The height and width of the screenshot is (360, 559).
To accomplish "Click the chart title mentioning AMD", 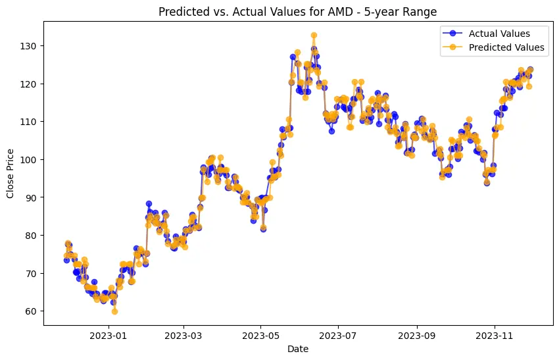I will [x=298, y=12].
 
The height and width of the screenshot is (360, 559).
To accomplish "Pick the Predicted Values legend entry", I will [x=506, y=47].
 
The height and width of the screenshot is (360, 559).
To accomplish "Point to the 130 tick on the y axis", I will [x=30, y=45].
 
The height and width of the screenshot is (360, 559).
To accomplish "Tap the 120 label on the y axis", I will [x=30, y=84].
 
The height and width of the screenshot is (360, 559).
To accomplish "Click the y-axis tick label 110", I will [x=30, y=122].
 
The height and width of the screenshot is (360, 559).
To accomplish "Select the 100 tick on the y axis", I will [x=30, y=159].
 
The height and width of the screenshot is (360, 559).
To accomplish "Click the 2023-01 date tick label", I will [x=109, y=335].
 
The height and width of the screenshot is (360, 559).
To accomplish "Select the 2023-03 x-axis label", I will [x=183, y=335].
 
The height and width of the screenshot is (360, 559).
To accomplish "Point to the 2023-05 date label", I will [x=260, y=335].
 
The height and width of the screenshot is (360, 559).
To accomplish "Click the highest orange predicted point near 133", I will [x=314, y=36].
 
